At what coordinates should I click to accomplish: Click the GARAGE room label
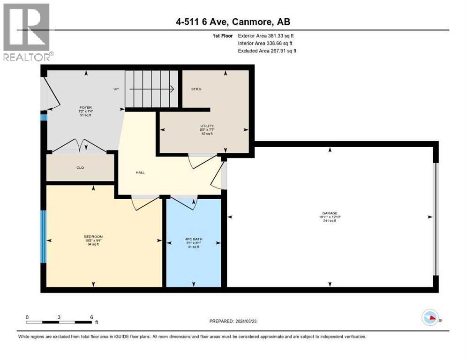pyautogui.click(x=330, y=213)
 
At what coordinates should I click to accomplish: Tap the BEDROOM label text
pyautogui.click(x=93, y=236)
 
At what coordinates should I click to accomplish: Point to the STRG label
pyautogui.click(x=196, y=89)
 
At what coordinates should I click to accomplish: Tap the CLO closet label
pyautogui.click(x=80, y=167)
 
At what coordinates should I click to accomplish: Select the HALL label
pyautogui.click(x=140, y=172)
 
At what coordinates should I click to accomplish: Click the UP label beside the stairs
pyautogui.click(x=116, y=89)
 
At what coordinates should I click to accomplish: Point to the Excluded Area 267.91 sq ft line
pyautogui.click(x=267, y=51)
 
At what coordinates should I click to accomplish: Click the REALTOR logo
pyautogui.click(x=27, y=31)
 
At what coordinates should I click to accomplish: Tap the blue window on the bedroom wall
pyautogui.click(x=43, y=236)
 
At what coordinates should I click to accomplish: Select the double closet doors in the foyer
pyautogui.click(x=79, y=146)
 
